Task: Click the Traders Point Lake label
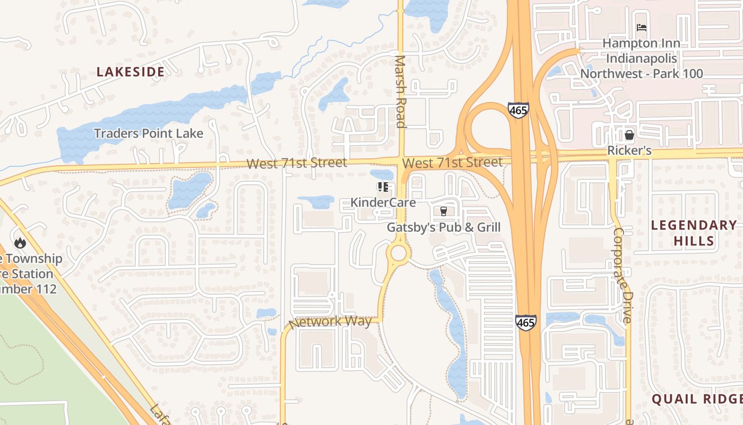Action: [149, 133]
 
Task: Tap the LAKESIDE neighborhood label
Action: [130, 72]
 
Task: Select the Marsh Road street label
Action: [401, 91]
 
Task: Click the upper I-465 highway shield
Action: [518, 110]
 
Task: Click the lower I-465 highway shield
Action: [525, 322]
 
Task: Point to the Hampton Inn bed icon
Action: [642, 27]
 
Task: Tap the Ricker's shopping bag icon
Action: [629, 135]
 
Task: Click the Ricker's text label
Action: [629, 150]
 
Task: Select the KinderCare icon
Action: [383, 187]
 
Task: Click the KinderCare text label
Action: [383, 202]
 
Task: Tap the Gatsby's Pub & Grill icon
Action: [444, 211]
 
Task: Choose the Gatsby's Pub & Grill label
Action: [444, 227]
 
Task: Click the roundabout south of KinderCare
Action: [399, 253]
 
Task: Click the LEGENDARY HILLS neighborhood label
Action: [694, 233]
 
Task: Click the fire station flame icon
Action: [20, 243]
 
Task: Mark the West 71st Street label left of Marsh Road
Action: [297, 163]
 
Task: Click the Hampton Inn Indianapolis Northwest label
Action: [642, 58]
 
